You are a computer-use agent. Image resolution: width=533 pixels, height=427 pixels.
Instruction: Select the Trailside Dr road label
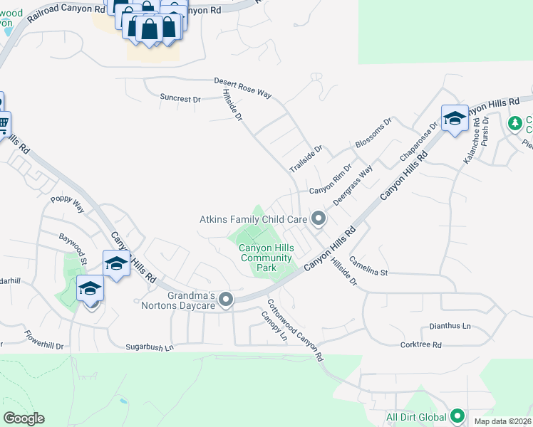(x=306, y=159)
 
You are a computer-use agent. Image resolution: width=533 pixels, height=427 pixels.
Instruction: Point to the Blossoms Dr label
(x=374, y=133)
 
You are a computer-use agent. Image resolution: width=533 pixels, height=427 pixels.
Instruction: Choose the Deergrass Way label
(x=353, y=186)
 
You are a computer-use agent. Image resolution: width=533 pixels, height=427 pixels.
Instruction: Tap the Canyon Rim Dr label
(x=331, y=186)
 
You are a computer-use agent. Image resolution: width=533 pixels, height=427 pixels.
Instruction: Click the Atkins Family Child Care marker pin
(x=319, y=219)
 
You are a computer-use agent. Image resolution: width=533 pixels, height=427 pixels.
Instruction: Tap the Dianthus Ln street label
(x=450, y=326)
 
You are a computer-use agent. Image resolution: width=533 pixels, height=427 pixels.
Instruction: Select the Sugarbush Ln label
(x=150, y=347)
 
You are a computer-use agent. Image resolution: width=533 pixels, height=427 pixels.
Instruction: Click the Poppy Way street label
(x=67, y=206)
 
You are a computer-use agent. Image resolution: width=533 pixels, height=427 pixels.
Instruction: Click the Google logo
(x=24, y=418)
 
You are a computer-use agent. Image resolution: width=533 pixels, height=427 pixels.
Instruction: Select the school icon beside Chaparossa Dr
(x=454, y=118)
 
